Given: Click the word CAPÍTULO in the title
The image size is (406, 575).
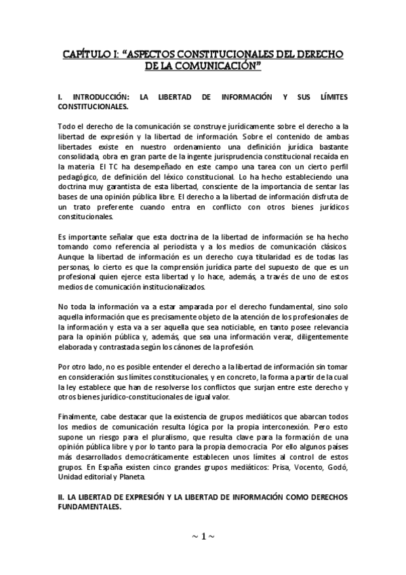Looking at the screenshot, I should click(87, 54).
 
